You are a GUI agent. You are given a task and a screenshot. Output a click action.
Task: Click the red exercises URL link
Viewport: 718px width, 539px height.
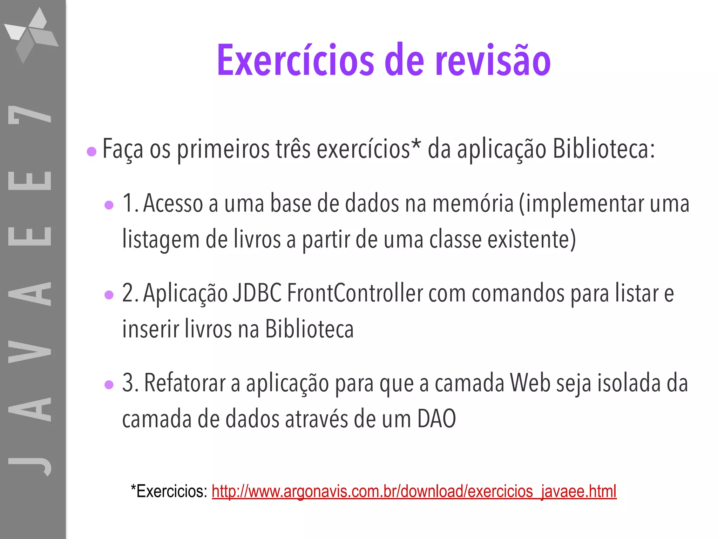(414, 491)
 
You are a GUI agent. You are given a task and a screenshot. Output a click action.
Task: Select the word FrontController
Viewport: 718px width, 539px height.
(355, 293)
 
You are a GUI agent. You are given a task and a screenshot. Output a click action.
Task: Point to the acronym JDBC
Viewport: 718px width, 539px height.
(257, 293)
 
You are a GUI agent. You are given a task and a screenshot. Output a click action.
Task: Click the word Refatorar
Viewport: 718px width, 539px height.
(184, 383)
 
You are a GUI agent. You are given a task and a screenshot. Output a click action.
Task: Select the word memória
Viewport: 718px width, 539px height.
(473, 204)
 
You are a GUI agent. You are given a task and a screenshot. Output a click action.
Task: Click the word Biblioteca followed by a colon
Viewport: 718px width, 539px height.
(603, 149)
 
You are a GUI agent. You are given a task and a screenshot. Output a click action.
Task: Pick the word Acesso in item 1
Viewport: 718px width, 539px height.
(173, 204)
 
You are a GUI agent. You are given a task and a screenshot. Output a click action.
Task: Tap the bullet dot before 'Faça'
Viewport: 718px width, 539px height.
(92, 152)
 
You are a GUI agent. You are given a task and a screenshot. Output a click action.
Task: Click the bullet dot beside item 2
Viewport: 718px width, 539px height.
(109, 295)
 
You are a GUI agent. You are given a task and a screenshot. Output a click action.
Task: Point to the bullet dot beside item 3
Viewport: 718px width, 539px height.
(109, 385)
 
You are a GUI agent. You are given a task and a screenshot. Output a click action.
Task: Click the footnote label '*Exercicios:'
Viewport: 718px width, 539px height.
(169, 491)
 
